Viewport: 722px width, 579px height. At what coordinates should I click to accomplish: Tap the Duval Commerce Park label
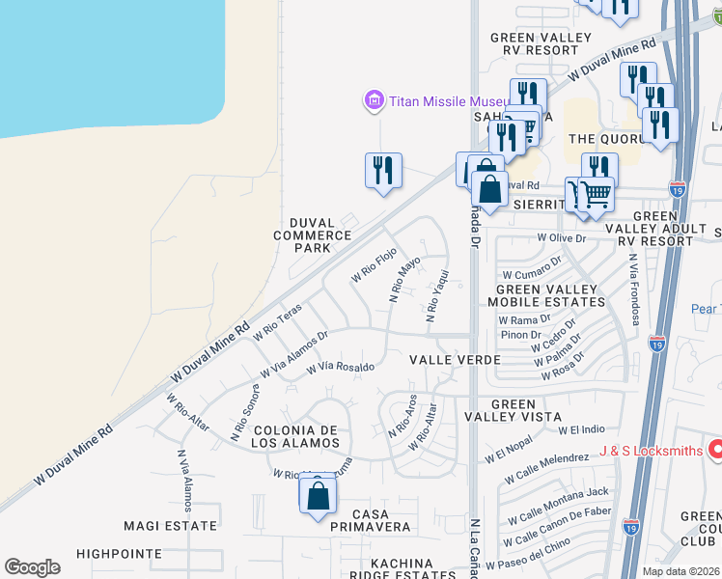pos(313,234)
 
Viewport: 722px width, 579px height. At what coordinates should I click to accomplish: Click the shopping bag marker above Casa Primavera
pos(318,496)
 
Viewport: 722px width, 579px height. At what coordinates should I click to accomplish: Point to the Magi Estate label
pos(171,526)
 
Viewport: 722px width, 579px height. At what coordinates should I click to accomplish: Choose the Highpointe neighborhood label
pos(119,554)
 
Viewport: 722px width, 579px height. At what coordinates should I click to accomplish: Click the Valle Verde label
pos(455,360)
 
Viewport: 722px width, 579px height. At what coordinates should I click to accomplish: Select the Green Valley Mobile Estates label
pos(550,294)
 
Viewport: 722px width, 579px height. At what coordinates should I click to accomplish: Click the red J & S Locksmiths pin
pos(715,448)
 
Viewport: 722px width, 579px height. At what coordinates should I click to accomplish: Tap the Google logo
pos(32,567)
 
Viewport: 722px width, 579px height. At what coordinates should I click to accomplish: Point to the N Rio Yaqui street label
pos(435,295)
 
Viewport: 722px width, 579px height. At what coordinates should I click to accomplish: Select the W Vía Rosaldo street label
pos(340,368)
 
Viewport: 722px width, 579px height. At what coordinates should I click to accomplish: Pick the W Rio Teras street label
pos(278,322)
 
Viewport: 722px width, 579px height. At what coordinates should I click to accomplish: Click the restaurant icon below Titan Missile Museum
pos(383,171)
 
